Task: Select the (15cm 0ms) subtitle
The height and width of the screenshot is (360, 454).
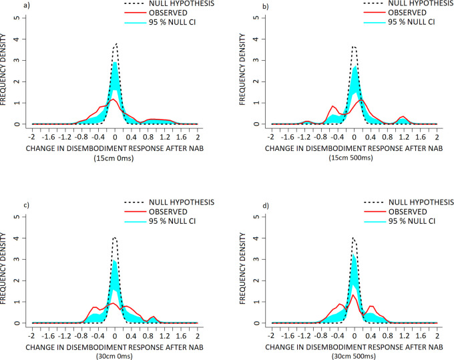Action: (115, 150)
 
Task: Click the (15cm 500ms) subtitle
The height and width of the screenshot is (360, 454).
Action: (353, 150)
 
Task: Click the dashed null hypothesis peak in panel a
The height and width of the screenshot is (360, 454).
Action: (116, 44)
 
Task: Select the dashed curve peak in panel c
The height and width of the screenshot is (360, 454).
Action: (115, 237)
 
